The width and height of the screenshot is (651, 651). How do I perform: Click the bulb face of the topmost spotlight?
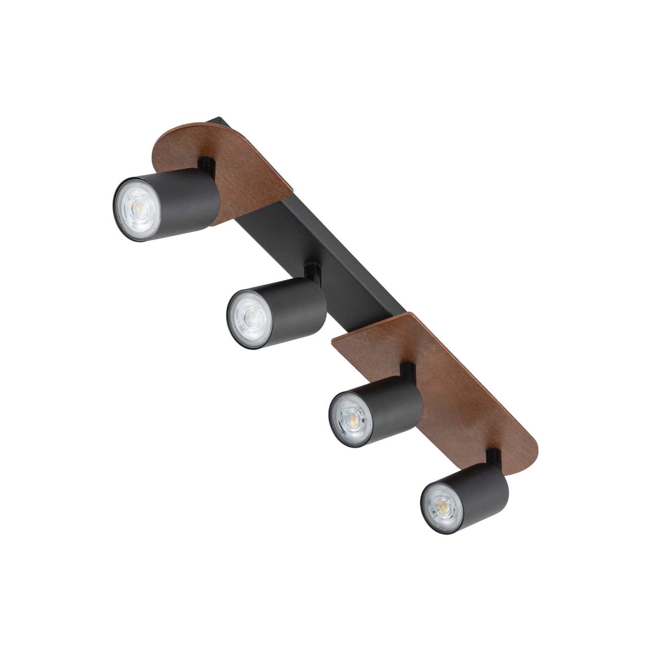coord(137,208)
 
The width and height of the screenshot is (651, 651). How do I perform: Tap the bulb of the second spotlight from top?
coord(248,318)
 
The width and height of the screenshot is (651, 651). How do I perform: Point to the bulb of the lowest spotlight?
coord(441,506)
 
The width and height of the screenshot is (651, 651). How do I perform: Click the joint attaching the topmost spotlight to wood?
coord(206,164)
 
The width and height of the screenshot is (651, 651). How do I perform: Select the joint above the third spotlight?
coord(408,369)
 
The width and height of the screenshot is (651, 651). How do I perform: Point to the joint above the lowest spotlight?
coord(493,456)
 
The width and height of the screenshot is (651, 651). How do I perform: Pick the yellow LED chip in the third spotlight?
coord(351,418)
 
